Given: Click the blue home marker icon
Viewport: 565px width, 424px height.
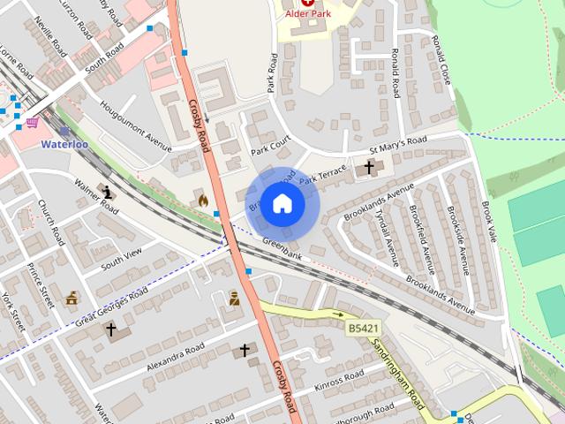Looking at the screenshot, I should pyautogui.click(x=282, y=204).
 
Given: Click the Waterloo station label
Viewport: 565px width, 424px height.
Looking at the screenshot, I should pyautogui.click(x=65, y=144).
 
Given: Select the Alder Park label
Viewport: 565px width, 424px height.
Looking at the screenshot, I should pyautogui.click(x=306, y=15).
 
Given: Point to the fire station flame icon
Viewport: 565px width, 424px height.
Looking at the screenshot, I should pyautogui.click(x=203, y=201).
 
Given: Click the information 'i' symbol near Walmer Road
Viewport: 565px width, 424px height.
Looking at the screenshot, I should pyautogui.click(x=108, y=192).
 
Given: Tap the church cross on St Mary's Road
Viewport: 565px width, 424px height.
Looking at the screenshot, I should pyautogui.click(x=369, y=167).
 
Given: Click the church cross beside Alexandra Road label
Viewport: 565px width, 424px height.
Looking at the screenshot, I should pyautogui.click(x=245, y=351).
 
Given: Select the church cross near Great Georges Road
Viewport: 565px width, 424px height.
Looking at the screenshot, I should pyautogui.click(x=111, y=329).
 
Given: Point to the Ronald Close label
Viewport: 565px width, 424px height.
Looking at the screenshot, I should pyautogui.click(x=441, y=58).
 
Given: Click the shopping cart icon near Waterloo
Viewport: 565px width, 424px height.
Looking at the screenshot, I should pyautogui.click(x=33, y=122).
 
